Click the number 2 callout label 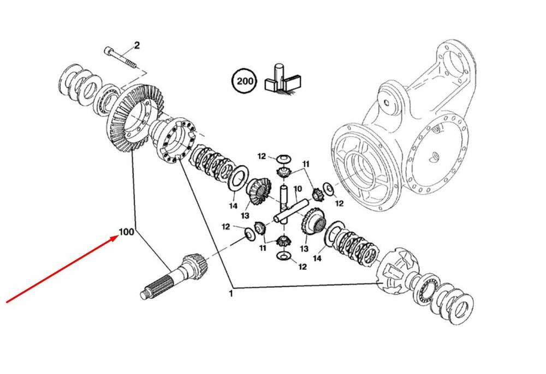[x=137, y=45]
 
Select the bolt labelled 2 [x=123, y=57]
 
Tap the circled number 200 [x=243, y=82]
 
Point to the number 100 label [x=126, y=232]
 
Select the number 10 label [x=298, y=190]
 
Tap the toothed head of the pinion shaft [x=192, y=265]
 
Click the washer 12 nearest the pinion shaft [x=247, y=233]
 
